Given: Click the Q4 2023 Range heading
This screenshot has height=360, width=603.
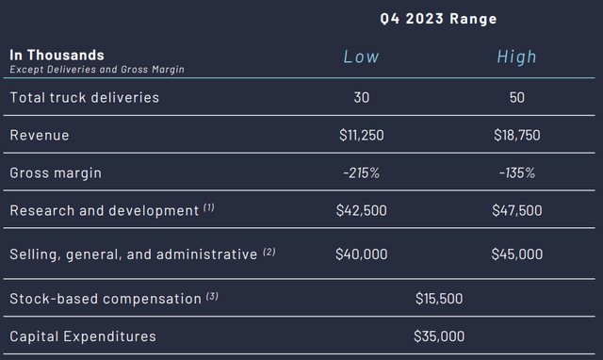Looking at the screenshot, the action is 438,19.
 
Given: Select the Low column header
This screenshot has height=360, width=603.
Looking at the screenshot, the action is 361,57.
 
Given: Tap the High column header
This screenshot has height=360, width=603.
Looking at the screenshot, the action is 516,57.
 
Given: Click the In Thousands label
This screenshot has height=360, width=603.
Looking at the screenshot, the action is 57,55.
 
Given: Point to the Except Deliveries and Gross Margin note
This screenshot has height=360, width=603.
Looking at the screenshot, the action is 97,69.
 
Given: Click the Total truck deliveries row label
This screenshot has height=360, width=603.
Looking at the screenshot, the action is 84,97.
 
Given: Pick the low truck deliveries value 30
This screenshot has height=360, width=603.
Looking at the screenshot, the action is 362,97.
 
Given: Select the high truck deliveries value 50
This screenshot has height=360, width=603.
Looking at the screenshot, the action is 517,97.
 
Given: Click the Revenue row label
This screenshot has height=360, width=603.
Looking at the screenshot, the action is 40,135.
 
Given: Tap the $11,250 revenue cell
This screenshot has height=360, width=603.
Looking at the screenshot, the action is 362,135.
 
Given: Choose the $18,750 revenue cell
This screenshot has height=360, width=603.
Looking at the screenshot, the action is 517,135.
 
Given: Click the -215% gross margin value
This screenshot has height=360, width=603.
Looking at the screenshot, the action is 362,172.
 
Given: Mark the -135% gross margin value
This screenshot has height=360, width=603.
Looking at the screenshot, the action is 517,172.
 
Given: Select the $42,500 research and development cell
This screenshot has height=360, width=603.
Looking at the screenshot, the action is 362,210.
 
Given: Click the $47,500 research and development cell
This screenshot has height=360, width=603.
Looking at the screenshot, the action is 517,210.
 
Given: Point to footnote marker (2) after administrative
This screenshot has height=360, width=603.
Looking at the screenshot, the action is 269,252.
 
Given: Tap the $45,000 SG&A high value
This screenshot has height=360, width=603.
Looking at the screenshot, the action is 517,254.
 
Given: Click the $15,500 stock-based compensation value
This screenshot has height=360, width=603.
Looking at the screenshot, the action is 439,299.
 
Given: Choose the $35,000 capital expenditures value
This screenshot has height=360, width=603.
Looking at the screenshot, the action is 439,336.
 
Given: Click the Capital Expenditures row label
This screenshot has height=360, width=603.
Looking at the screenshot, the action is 83,336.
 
